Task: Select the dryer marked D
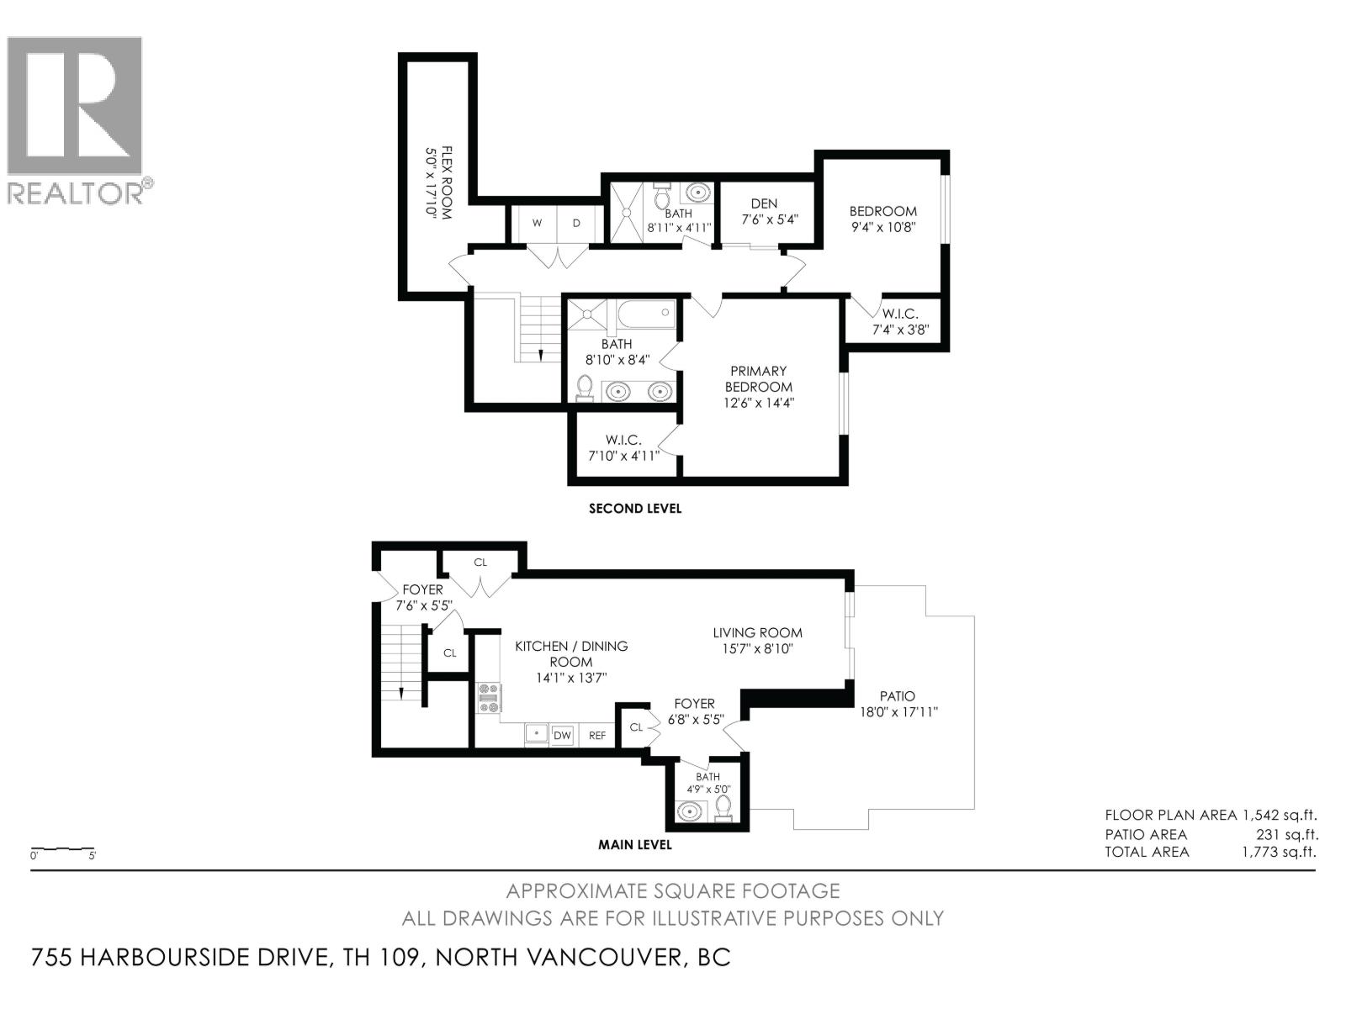pyautogui.click(x=577, y=223)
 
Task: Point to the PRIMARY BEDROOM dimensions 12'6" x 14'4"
pyautogui.click(x=759, y=403)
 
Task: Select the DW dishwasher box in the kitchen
pyautogui.click(x=562, y=735)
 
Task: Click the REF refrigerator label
pyautogui.click(x=597, y=736)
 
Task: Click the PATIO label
pyautogui.click(x=898, y=696)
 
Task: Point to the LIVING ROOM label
pyautogui.click(x=757, y=632)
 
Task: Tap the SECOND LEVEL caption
pyautogui.click(x=635, y=508)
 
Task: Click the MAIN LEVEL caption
pyautogui.click(x=635, y=844)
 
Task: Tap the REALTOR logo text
pyautogui.click(x=76, y=193)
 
